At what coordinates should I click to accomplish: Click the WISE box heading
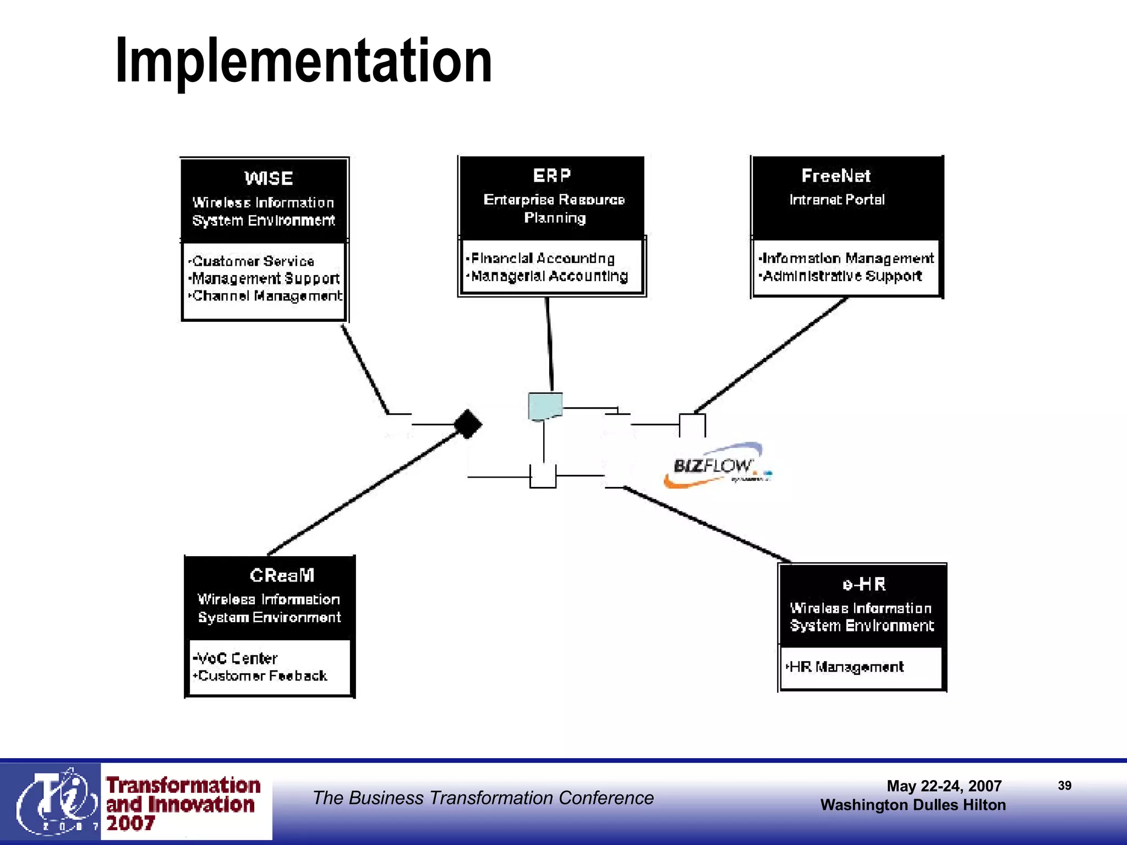point(269,178)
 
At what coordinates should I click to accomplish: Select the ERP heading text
point(552,175)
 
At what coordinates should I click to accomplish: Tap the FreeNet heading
point(836,176)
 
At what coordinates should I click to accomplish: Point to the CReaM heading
point(282,575)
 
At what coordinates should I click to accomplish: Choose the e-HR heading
point(864,584)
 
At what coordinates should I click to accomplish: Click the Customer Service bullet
point(253,261)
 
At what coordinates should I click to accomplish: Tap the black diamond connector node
point(468,424)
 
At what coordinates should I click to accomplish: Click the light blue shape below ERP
point(545,406)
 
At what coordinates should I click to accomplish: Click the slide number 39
point(1064,786)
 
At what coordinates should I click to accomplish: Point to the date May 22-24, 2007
point(944,786)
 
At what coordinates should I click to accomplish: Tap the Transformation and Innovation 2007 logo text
point(182,804)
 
